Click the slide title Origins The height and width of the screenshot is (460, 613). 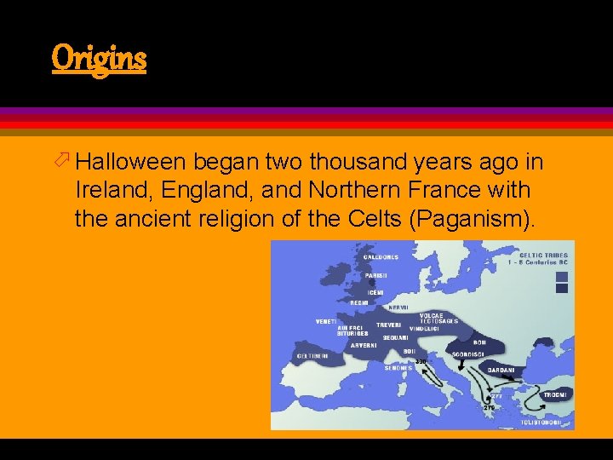99,59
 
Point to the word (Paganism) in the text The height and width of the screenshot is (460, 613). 473,219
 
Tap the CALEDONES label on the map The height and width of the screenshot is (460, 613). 381,257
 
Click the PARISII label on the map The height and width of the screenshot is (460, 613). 376,275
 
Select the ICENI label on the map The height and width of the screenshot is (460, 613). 375,292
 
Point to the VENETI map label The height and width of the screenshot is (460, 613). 327,321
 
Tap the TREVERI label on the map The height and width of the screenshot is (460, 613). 389,325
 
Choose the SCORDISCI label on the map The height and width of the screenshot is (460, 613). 469,354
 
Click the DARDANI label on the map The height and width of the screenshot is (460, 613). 501,370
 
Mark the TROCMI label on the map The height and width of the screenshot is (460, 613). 555,394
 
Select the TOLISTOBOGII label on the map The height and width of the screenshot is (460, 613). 541,422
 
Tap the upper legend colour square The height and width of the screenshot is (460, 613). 561,276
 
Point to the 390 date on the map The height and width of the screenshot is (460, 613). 421,363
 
